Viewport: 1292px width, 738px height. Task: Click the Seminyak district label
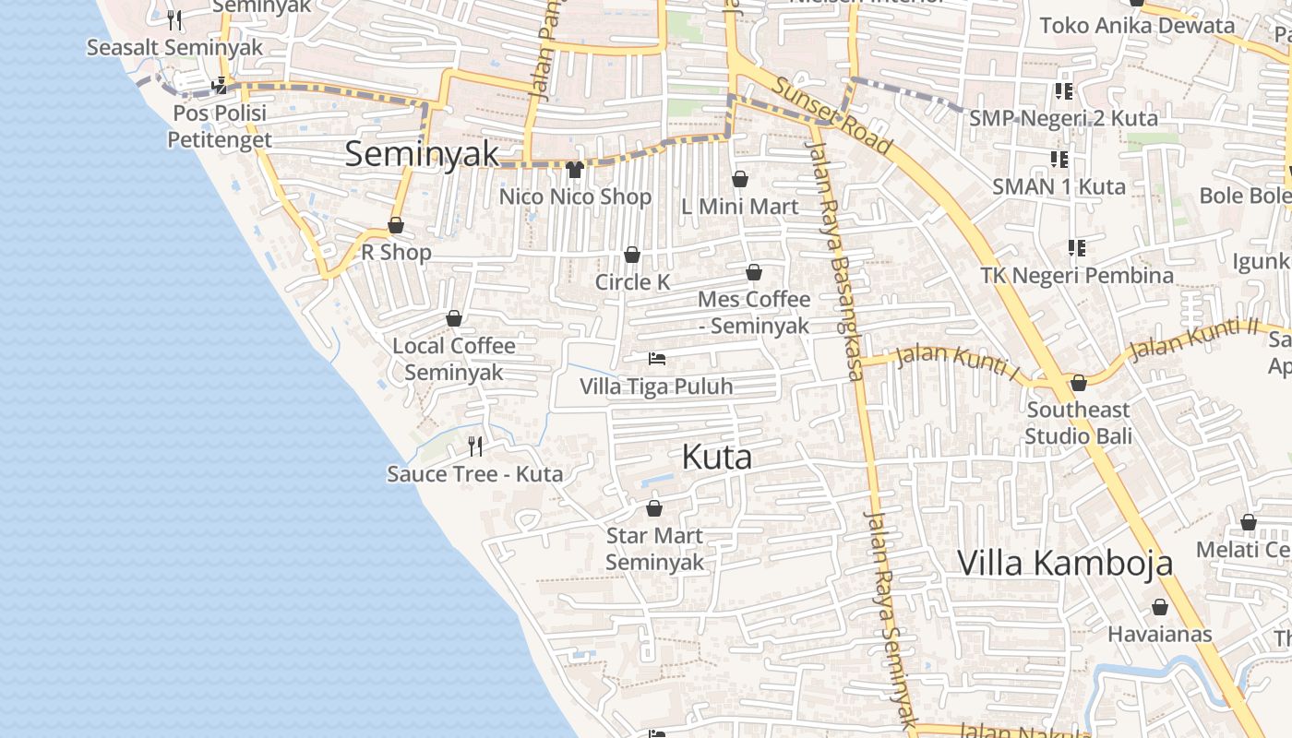(x=422, y=154)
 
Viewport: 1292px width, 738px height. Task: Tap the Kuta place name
(x=717, y=457)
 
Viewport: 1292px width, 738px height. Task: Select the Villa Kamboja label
(x=1065, y=562)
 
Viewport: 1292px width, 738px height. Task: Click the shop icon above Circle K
(x=632, y=255)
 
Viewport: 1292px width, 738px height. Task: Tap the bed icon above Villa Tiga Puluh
(x=657, y=359)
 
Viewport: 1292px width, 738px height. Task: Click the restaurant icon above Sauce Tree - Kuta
(x=475, y=446)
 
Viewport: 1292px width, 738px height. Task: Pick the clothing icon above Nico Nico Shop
(x=575, y=169)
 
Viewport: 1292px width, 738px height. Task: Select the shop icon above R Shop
(x=396, y=225)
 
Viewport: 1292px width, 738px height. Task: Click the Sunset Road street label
(x=831, y=115)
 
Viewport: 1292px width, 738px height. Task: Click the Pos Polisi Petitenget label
(x=219, y=126)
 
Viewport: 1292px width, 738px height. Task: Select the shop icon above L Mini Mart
(x=739, y=179)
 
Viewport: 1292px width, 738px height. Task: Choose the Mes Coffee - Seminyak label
(x=754, y=312)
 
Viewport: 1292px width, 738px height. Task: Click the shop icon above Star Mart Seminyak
(x=654, y=508)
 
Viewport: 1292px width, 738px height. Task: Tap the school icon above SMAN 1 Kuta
(x=1059, y=160)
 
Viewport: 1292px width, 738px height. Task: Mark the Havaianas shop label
(x=1159, y=635)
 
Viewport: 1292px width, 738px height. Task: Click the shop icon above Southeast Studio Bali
(x=1078, y=383)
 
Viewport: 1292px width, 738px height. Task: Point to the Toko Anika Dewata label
(x=1137, y=26)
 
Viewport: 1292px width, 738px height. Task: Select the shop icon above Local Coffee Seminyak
(x=454, y=319)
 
